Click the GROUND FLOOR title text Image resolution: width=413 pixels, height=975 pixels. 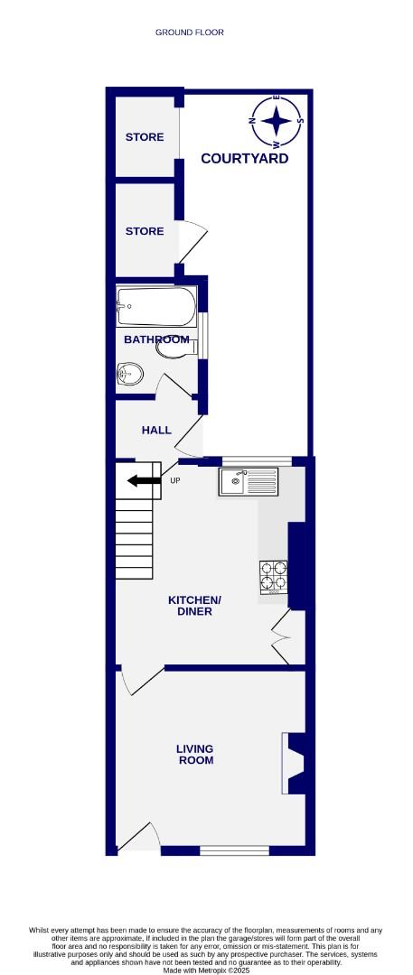pyautogui.click(x=190, y=32)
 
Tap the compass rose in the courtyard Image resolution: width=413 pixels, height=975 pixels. pyautogui.click(x=277, y=122)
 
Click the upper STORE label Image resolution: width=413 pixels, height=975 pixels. pyautogui.click(x=145, y=137)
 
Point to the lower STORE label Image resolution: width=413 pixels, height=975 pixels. pyautogui.click(x=145, y=231)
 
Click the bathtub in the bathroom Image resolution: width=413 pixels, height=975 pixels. pyautogui.click(x=155, y=307)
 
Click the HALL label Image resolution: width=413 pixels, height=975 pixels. pyautogui.click(x=156, y=431)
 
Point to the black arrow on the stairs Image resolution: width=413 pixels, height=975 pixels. pyautogui.click(x=143, y=480)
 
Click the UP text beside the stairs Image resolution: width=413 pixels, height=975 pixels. pyautogui.click(x=175, y=480)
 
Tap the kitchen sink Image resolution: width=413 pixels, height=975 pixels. pyautogui.click(x=250, y=482)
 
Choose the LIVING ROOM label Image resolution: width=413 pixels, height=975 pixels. pyautogui.click(x=195, y=755)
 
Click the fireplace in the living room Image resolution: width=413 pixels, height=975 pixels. pyautogui.click(x=296, y=763)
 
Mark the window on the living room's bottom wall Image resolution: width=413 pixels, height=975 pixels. pyautogui.click(x=234, y=850)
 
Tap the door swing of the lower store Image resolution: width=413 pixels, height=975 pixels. pyautogui.click(x=193, y=242)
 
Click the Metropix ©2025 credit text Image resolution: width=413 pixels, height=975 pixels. pyautogui.click(x=206, y=970)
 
